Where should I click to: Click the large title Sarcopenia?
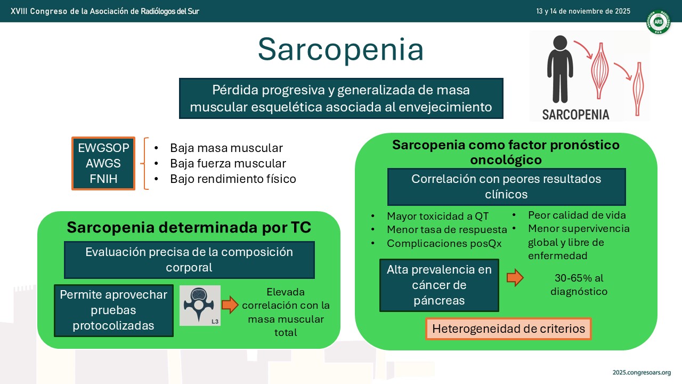[340, 50]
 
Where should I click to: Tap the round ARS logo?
[658, 22]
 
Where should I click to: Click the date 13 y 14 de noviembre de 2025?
[583, 11]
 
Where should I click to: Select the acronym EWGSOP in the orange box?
[103, 148]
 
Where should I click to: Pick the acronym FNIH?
[103, 179]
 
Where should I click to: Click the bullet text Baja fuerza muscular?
[228, 163]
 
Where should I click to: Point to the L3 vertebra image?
[200, 306]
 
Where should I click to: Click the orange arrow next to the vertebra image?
[230, 305]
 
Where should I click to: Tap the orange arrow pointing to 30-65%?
[515, 278]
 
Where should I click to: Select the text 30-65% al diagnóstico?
[579, 285]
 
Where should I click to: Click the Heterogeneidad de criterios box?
[508, 329]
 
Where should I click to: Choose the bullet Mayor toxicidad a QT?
[437, 216]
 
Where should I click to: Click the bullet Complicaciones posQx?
[444, 244]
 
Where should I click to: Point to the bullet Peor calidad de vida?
[577, 215]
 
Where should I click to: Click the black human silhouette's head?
[560, 43]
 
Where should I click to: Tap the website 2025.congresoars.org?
[642, 372]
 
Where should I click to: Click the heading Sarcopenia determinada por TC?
[189, 227]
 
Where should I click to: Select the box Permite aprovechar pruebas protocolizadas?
[113, 310]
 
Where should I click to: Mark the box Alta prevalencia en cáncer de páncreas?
[439, 285]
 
